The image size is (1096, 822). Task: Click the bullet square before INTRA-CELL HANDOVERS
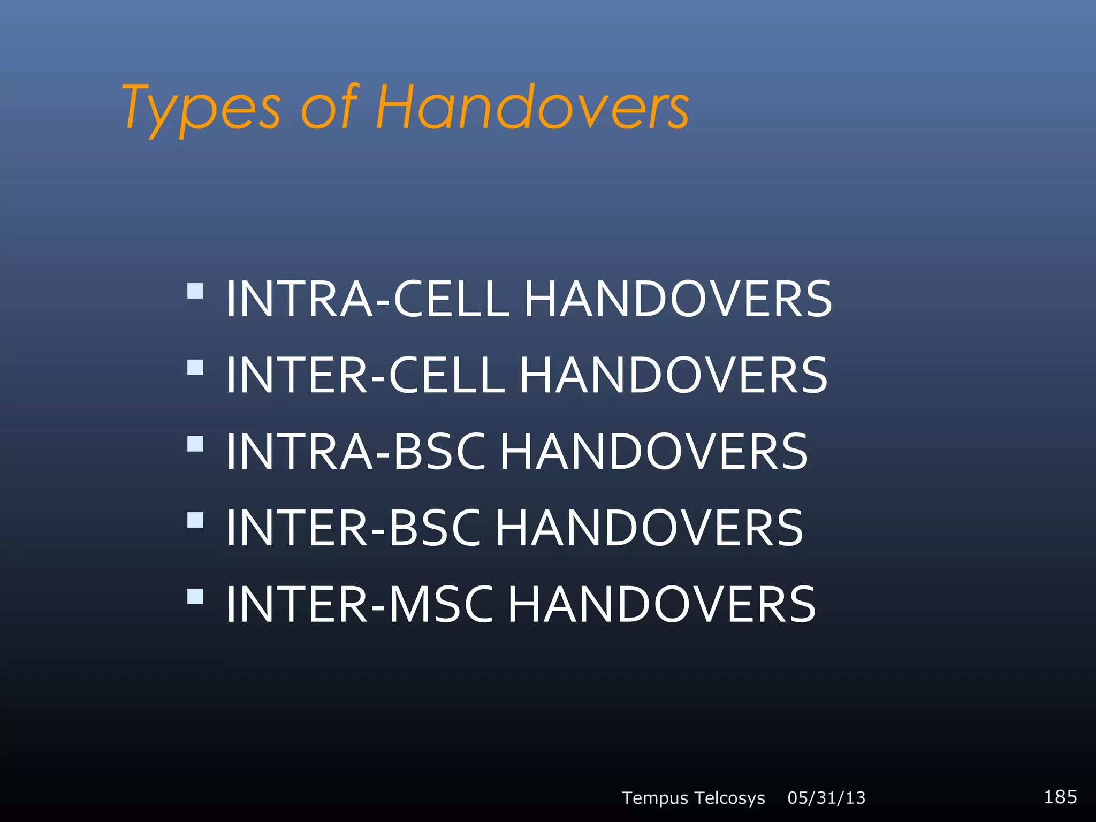[195, 291]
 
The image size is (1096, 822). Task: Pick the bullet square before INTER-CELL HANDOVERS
[195, 368]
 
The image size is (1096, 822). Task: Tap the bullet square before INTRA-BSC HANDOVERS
[195, 444]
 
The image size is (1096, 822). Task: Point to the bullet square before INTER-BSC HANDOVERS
[195, 520]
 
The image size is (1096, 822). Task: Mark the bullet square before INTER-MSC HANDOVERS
[195, 597]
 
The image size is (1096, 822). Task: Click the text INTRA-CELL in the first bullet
[367, 299]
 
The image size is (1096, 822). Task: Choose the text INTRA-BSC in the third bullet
[355, 452]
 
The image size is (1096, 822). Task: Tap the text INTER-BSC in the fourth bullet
[353, 529]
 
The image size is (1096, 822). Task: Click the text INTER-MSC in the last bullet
[359, 605]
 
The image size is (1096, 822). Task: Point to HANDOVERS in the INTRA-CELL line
[678, 299]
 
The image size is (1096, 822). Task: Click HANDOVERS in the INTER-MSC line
[661, 605]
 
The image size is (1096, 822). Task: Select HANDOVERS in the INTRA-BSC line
[653, 452]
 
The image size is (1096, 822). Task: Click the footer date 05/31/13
[826, 798]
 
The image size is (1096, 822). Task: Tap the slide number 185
[1060, 797]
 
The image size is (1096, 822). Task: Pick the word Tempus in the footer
[654, 798]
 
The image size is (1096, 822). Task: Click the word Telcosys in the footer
[730, 798]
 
